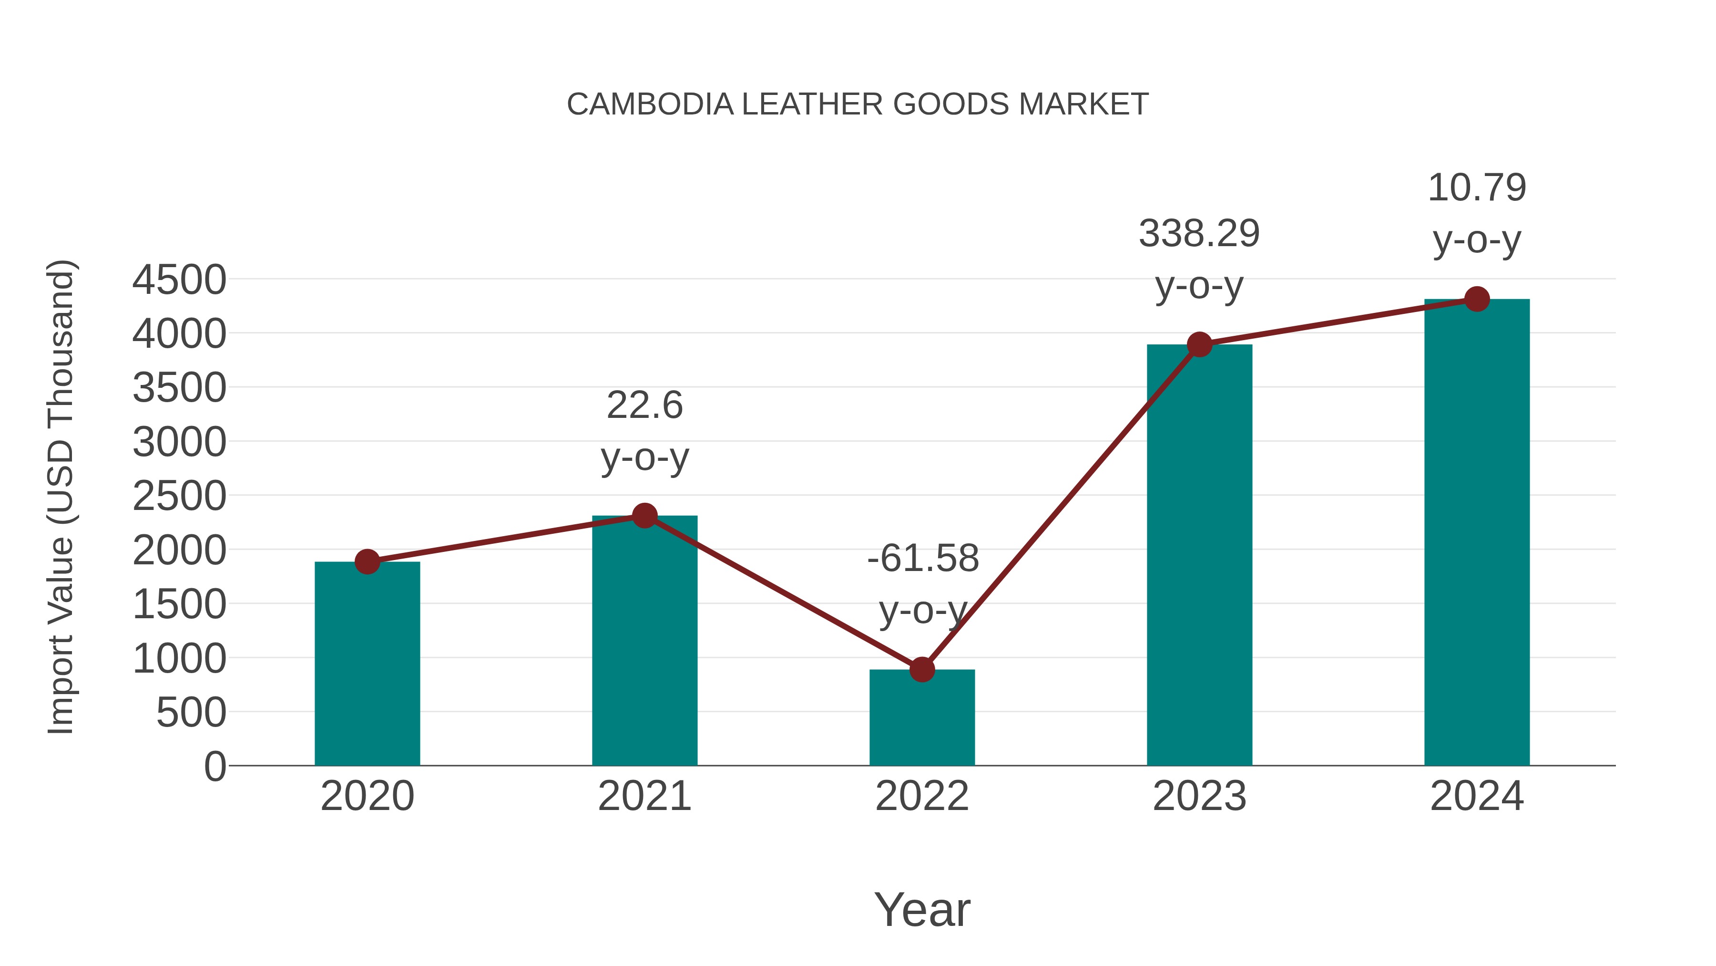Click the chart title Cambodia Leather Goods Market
pyautogui.click(x=858, y=104)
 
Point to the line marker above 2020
pyautogui.click(x=367, y=561)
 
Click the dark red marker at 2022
pyautogui.click(x=922, y=669)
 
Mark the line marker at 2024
pyautogui.click(x=1477, y=299)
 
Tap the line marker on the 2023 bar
pyautogui.click(x=1199, y=345)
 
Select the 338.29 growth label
pyautogui.click(x=1199, y=234)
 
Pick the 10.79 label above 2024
pyautogui.click(x=1477, y=188)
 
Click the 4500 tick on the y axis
pyautogui.click(x=179, y=280)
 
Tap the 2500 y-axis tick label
pyautogui.click(x=179, y=497)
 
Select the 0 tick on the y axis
pyautogui.click(x=214, y=767)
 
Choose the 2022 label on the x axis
pyautogui.click(x=922, y=796)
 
